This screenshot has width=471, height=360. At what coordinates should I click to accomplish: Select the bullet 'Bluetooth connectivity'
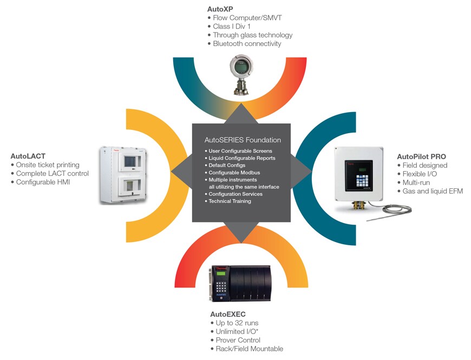pos(247,44)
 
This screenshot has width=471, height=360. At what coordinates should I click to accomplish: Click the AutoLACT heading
pos(28,156)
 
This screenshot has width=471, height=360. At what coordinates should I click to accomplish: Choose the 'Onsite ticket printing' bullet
pos(48,165)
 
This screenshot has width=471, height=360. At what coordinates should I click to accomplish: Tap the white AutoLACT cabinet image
pos(125,175)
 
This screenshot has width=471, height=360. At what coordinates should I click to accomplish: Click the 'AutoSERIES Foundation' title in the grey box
pos(243,140)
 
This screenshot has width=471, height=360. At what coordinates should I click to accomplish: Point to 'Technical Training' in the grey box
pos(230,201)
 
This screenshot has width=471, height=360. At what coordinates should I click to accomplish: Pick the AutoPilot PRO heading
pos(421,156)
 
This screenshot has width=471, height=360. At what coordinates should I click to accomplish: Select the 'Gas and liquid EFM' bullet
pos(433,191)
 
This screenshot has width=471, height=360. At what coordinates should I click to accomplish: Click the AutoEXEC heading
pos(227,314)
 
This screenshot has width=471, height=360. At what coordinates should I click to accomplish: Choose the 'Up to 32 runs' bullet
pos(237,323)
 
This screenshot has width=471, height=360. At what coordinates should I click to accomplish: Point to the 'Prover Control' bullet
pos(238,341)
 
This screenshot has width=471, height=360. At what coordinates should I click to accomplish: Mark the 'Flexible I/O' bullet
pos(422,174)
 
